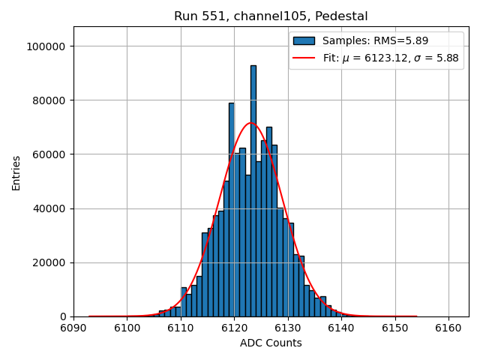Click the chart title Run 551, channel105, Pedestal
(271, 16)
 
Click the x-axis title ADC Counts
(271, 343)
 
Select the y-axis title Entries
(16, 172)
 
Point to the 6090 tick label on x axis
(73, 328)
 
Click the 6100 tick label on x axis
(127, 328)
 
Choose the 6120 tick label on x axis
(234, 328)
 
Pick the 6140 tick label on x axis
(341, 328)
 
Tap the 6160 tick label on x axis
(448, 328)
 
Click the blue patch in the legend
(304, 40)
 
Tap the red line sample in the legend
(304, 58)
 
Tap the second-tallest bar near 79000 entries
(232, 210)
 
